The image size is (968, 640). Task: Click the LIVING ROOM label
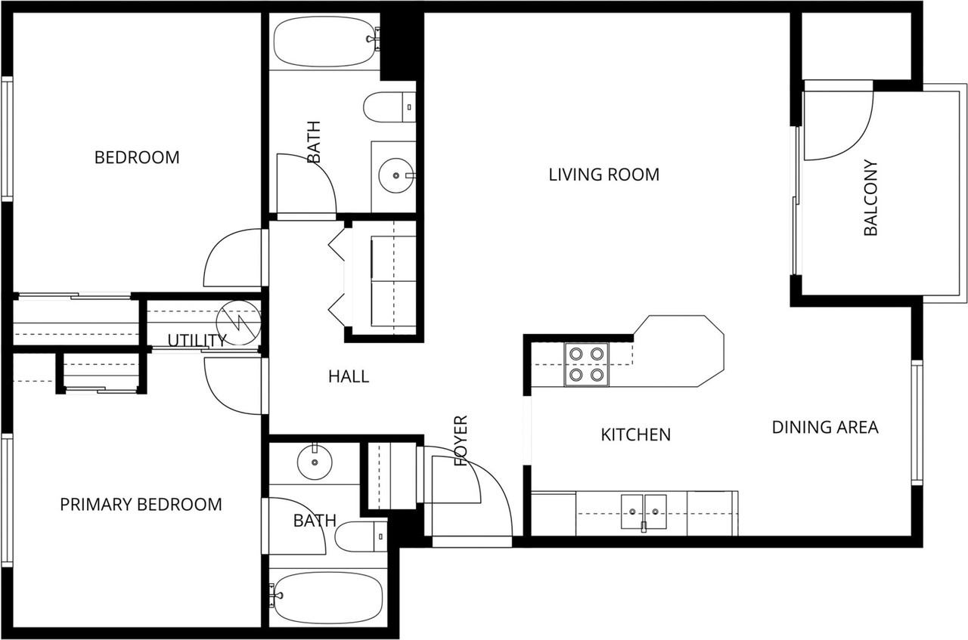[603, 175]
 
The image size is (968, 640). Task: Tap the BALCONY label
[870, 198]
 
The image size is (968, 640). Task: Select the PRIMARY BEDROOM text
[141, 504]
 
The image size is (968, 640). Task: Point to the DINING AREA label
[824, 427]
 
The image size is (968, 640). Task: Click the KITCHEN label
[635, 434]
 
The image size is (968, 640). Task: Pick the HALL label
[349, 376]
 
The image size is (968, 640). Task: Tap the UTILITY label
[196, 340]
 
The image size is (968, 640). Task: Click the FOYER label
[461, 440]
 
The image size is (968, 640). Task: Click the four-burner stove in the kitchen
[586, 364]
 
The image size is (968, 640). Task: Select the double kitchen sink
[644, 512]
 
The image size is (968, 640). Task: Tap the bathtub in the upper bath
[325, 41]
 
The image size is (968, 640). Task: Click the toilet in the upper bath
[389, 107]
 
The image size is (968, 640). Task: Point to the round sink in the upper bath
[396, 176]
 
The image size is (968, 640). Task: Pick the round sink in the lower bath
[312, 462]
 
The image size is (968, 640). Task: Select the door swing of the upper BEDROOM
[233, 259]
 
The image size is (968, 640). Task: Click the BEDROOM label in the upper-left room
[137, 157]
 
